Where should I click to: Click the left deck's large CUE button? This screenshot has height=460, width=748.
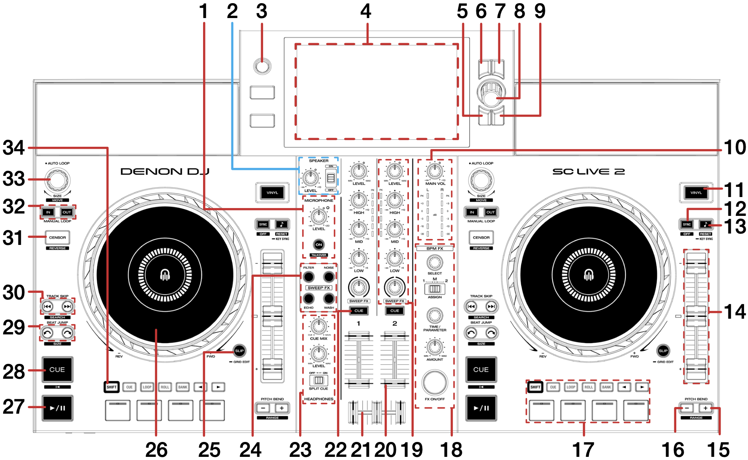[x=57, y=370]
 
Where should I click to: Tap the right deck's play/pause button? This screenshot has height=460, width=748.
[x=481, y=408]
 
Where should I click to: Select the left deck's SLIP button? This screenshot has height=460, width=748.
[x=239, y=350]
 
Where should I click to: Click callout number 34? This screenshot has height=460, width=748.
[x=14, y=148]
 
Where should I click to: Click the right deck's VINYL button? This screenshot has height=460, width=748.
[x=696, y=193]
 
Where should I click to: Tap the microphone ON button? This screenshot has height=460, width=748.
[x=319, y=245]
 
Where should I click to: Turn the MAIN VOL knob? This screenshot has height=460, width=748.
[x=434, y=171]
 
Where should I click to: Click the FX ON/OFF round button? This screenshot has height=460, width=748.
[x=434, y=382]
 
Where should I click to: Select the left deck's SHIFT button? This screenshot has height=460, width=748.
[x=112, y=387]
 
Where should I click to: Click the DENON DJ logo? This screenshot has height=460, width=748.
[x=165, y=172]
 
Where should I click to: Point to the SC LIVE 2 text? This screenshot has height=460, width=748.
[x=588, y=172]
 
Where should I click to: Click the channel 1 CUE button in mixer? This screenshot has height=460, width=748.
[x=359, y=310]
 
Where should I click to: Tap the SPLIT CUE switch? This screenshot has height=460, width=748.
[x=319, y=380]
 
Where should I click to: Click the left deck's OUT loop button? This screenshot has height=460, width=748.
[x=67, y=212]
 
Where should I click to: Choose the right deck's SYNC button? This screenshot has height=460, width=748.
[x=686, y=225]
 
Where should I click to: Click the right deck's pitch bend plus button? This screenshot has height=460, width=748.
[x=705, y=408]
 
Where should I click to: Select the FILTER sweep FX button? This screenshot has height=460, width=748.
[x=309, y=277]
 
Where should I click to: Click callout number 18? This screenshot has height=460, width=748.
[x=451, y=449]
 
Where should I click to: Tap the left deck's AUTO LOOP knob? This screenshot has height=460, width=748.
[x=58, y=180]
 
